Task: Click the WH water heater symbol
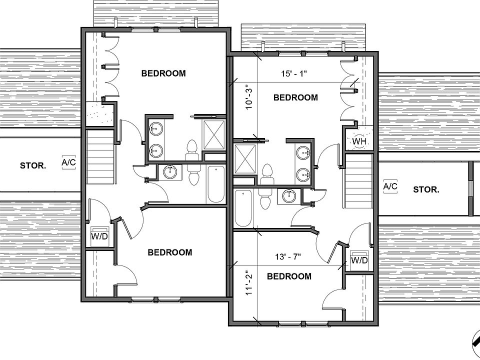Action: (x=359, y=140)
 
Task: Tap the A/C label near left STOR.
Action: (x=68, y=162)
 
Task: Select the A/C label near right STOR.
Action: (x=390, y=187)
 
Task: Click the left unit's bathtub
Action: (x=215, y=184)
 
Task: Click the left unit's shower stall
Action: (x=214, y=134)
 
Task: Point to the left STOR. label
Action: (x=33, y=165)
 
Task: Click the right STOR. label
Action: (x=426, y=189)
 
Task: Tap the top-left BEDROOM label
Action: (x=163, y=73)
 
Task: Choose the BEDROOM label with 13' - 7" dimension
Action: (x=289, y=276)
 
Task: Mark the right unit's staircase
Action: (x=359, y=181)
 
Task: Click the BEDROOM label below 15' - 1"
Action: (x=295, y=97)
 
